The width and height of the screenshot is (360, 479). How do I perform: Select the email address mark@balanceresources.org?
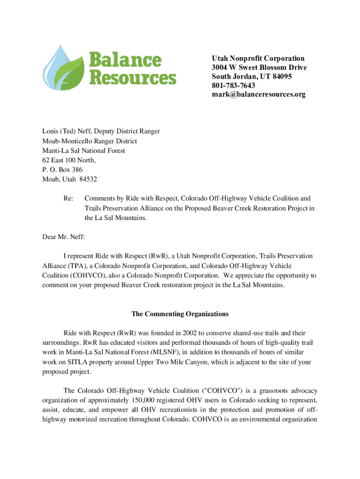pyautogui.click(x=259, y=94)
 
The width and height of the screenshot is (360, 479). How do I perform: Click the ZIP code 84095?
pyautogui.click(x=281, y=77)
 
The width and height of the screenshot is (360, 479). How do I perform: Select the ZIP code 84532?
pyautogui.click(x=88, y=180)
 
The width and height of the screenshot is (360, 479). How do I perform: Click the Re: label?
pyautogui.click(x=68, y=199)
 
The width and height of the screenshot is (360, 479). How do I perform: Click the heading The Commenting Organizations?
pyautogui.click(x=180, y=314)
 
